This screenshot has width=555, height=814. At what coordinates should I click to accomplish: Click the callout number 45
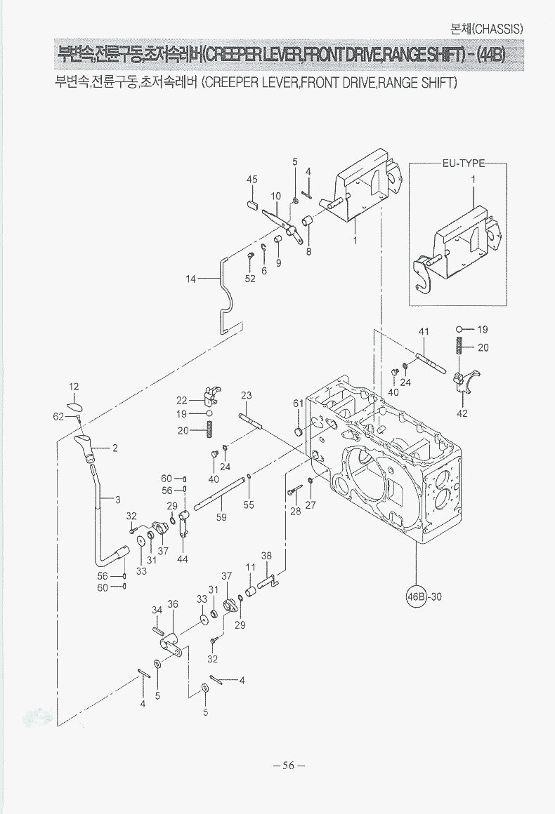click(x=252, y=180)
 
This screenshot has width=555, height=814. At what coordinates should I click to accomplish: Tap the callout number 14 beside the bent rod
click(x=190, y=279)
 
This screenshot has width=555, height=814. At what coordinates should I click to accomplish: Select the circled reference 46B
click(x=417, y=597)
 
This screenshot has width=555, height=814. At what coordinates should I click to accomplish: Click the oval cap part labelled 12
click(x=74, y=406)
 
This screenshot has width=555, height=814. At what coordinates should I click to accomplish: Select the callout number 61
click(x=298, y=403)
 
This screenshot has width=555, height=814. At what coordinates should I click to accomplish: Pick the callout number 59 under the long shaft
click(x=221, y=517)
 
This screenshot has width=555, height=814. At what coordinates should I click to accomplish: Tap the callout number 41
click(x=424, y=331)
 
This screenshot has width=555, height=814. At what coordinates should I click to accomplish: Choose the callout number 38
click(x=267, y=556)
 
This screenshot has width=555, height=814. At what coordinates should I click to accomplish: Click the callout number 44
click(x=183, y=559)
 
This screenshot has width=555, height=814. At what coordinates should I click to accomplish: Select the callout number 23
click(x=246, y=396)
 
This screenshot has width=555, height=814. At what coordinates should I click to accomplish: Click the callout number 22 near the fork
click(x=182, y=400)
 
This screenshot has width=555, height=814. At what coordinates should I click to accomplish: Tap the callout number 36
click(x=173, y=603)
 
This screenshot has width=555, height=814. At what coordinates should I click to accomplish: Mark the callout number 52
click(x=250, y=279)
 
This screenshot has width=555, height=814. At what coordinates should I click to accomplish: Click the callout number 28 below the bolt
click(x=296, y=511)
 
